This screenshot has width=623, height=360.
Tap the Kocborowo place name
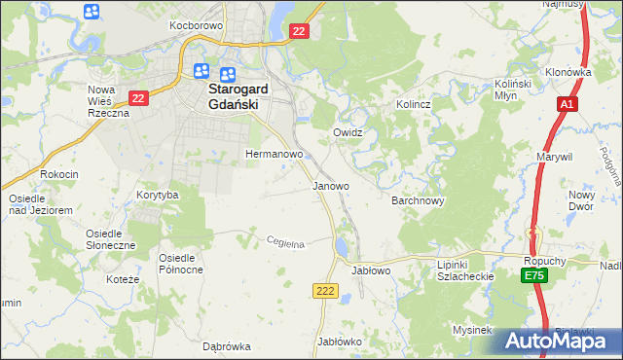pyautogui.click(x=197, y=24)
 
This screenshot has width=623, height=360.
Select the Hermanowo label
pyautogui.click(x=275, y=154)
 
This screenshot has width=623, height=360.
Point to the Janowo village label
pyautogui.click(x=330, y=185)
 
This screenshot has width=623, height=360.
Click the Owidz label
pyautogui.click(x=348, y=131)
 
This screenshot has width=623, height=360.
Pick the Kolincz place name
pyautogui.click(x=413, y=103)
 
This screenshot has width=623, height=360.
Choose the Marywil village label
pyautogui.click(x=554, y=156)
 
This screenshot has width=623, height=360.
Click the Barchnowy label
pyautogui.click(x=418, y=200)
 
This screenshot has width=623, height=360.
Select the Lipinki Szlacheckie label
pyautogui.click(x=466, y=270)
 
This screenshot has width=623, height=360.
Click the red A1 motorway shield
pyautogui.click(x=568, y=104)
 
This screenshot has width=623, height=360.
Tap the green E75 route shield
pyautogui.click(x=533, y=277)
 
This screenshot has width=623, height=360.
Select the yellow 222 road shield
pyautogui.click(x=325, y=290)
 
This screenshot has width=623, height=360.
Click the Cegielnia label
pyautogui.click(x=286, y=243)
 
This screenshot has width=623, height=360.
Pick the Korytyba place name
pyautogui.click(x=158, y=195)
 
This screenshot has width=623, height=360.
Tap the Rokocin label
pyautogui.click(x=58, y=173)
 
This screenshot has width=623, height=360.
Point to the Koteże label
pyautogui.click(x=127, y=279)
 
